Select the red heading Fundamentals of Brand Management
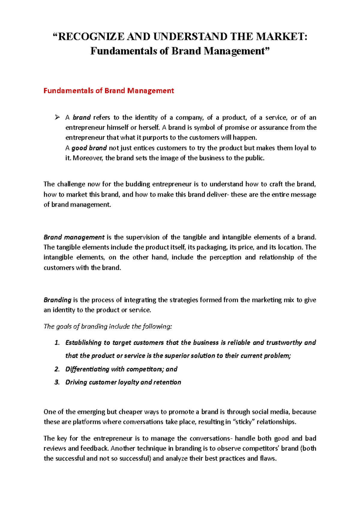coord(109,91)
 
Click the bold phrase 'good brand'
coord(89,148)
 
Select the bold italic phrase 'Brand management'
coord(74,237)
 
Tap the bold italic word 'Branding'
coord(57,300)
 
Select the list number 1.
coord(57,343)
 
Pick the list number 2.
coord(57,369)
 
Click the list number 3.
coord(57,382)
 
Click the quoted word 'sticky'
coord(244,422)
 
